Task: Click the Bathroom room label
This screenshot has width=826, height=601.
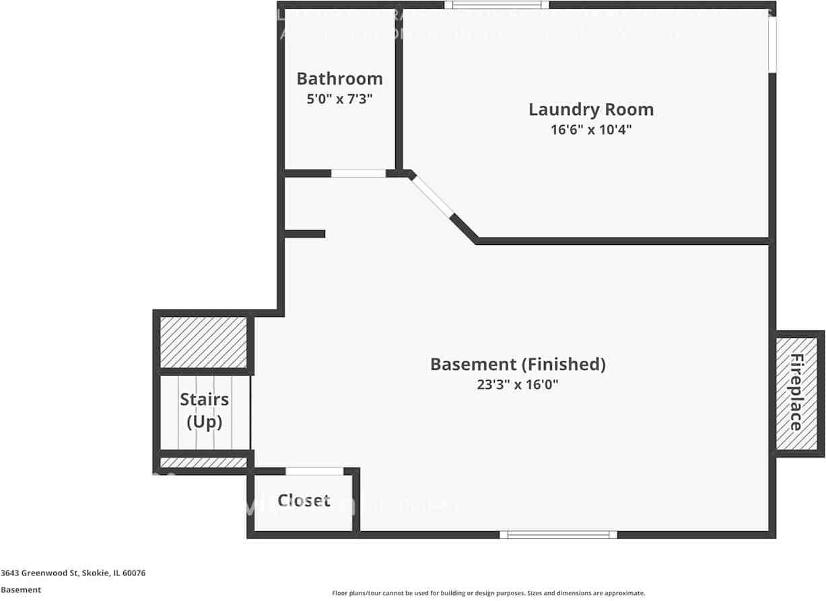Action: [339, 79]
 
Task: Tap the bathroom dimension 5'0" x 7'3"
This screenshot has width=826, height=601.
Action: [339, 99]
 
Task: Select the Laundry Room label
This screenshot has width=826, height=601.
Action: [590, 109]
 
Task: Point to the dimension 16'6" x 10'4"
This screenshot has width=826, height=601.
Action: [590, 129]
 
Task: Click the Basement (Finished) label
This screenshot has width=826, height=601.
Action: [518, 364]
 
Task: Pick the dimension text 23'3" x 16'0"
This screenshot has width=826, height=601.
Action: [518, 385]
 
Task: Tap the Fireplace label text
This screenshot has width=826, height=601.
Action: [796, 392]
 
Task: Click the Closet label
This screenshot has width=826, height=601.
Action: [304, 501]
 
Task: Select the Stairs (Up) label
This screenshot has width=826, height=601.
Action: [204, 411]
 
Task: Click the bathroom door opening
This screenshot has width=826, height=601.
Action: [358, 173]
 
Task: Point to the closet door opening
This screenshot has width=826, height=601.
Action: [314, 471]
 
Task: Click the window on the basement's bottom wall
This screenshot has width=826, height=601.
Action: [558, 534]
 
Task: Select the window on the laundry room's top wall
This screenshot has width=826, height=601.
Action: [497, 5]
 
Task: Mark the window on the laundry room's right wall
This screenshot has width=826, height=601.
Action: [772, 44]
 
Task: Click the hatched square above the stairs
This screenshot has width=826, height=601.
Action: [203, 342]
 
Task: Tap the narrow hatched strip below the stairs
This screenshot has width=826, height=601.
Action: [203, 462]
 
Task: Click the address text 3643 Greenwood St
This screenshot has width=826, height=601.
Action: [73, 573]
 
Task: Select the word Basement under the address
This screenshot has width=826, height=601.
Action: [21, 590]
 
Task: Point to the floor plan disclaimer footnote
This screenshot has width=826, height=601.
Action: [488, 593]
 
